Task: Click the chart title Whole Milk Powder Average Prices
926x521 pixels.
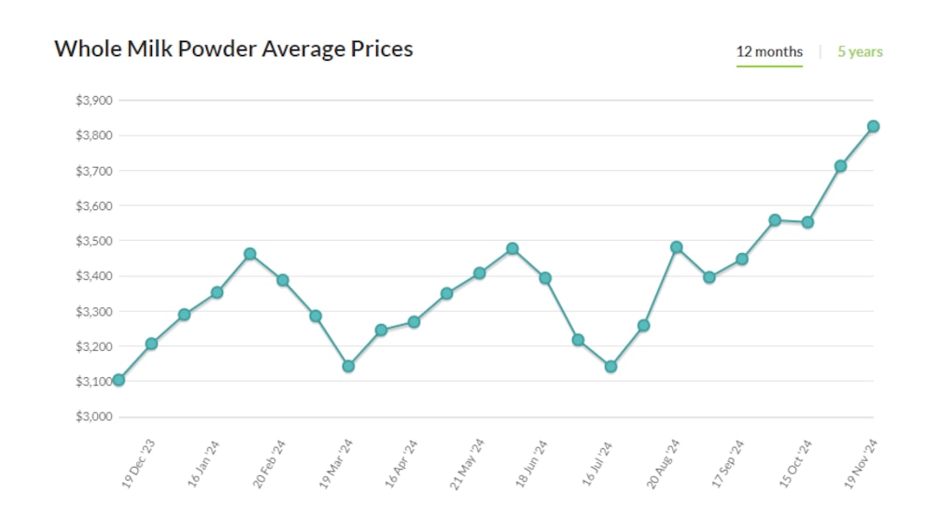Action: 233,49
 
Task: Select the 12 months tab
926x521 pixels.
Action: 769,52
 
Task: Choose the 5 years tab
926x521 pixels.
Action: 860,52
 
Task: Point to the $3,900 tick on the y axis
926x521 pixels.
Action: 93,101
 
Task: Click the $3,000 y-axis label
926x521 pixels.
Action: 93,416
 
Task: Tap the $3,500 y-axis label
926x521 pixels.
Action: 93,241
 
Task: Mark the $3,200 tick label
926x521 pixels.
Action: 93,346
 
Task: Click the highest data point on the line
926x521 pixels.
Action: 873,126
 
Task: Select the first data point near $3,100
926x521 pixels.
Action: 119,380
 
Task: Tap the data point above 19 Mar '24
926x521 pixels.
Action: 348,366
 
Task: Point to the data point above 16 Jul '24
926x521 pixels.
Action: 610,367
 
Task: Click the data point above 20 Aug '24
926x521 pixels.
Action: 676,247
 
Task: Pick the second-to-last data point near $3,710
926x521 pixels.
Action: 840,166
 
